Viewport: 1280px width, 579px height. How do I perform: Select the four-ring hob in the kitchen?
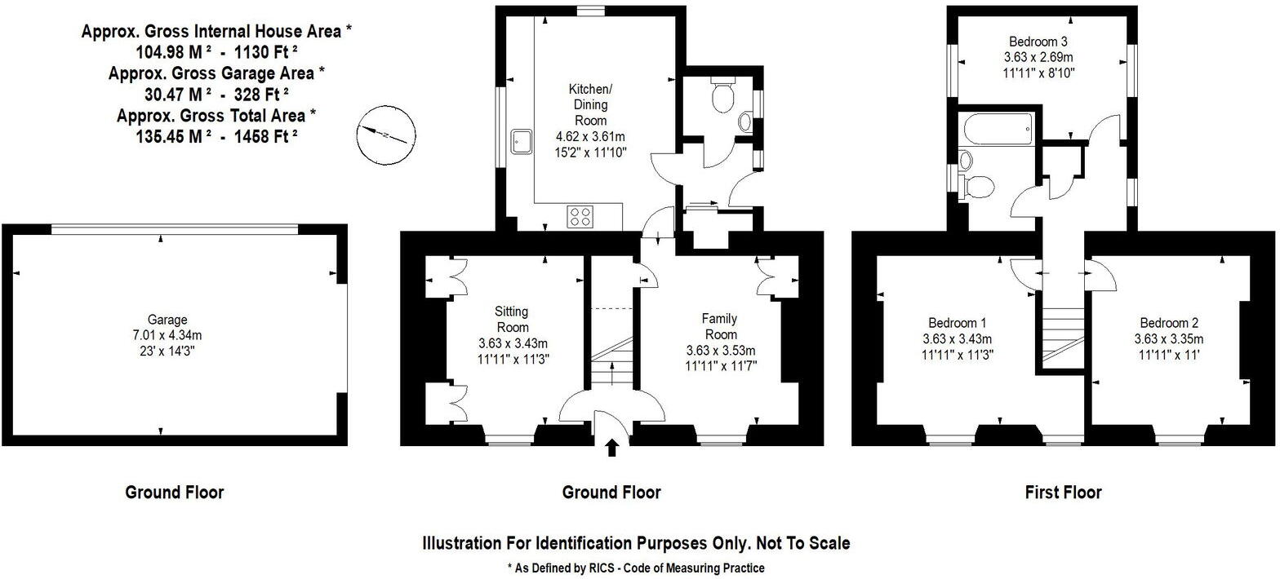(x=580, y=217)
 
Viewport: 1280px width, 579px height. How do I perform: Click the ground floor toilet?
(x=722, y=95)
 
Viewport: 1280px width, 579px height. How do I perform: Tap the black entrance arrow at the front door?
(x=612, y=447)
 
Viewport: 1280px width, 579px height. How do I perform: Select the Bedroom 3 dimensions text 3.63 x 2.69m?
(x=1038, y=57)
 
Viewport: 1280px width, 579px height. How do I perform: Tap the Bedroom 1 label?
(x=957, y=322)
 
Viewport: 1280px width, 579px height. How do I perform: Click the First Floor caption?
(x=1063, y=493)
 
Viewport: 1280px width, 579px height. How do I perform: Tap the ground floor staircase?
(x=612, y=363)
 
